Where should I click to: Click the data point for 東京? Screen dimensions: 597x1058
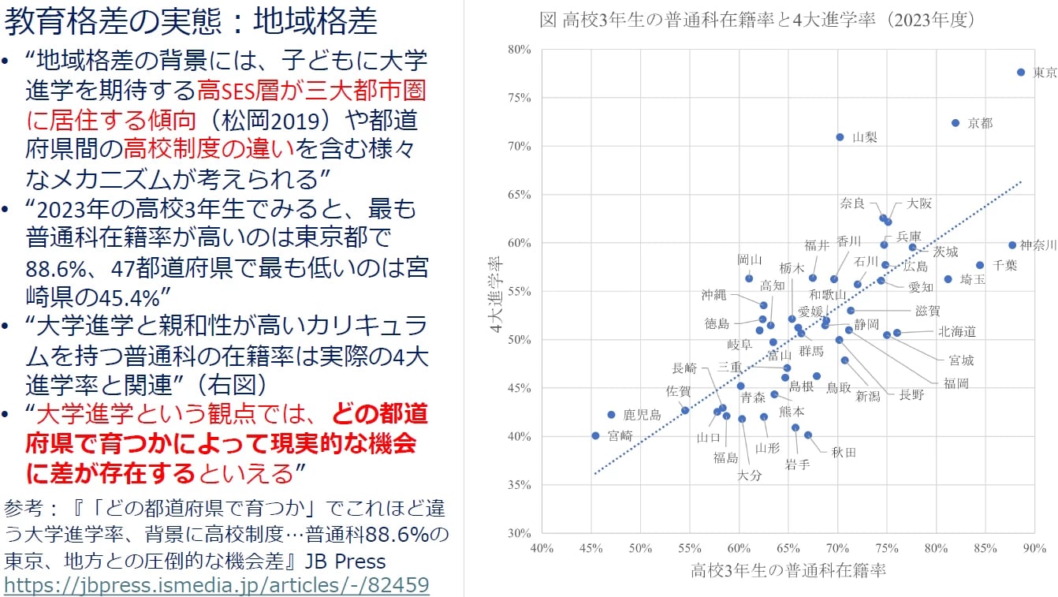coord(1021,72)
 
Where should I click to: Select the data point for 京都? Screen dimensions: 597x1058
coord(955,123)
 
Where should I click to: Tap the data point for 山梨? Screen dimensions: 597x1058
coord(840,137)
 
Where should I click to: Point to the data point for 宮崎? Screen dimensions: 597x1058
coord(595,435)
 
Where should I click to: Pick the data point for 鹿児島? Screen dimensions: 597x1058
coord(611,415)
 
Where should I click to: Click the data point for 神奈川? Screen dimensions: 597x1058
coord(1012,245)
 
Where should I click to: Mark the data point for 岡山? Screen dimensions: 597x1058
coord(749,278)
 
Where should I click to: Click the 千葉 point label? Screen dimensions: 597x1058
coord(1005,265)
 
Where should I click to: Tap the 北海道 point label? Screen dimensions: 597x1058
coord(957,332)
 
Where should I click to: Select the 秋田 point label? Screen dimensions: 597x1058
coord(844,453)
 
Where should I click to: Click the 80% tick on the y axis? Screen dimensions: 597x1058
coord(520,50)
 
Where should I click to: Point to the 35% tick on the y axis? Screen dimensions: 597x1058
coord(520,485)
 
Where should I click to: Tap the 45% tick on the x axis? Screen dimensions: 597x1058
coord(590,548)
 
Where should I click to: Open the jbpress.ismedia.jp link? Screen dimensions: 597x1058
coord(217,584)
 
